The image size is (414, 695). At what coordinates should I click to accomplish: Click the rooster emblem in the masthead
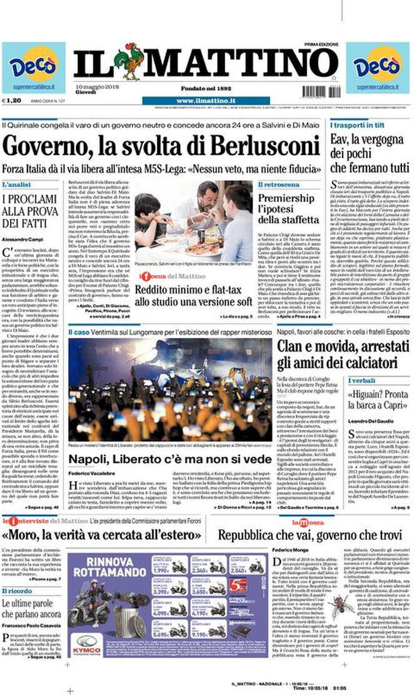coord(131,62)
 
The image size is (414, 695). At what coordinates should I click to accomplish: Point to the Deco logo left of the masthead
coord(33,66)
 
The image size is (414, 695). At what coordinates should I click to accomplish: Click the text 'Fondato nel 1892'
coord(205,88)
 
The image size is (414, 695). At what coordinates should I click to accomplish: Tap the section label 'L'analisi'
coord(17,185)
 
